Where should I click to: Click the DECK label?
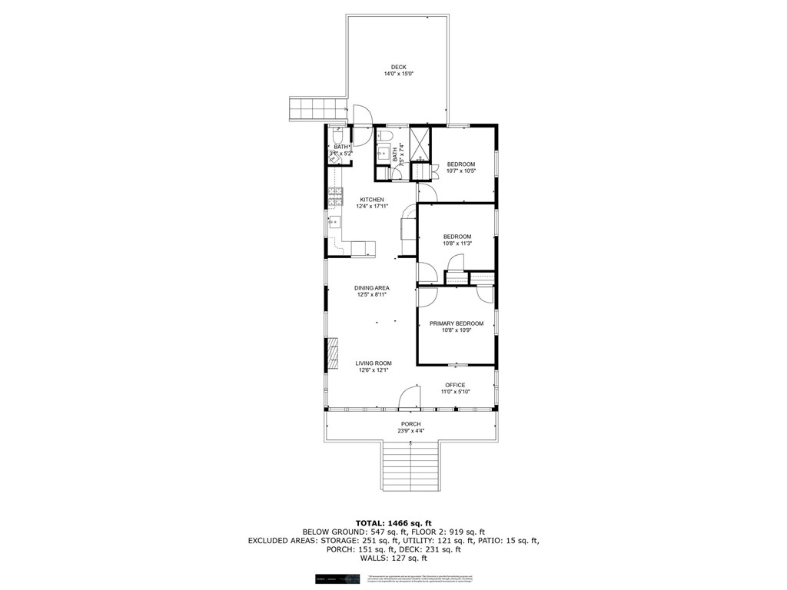click(398, 67)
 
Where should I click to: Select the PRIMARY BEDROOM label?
click(457, 323)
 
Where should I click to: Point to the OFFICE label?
click(455, 385)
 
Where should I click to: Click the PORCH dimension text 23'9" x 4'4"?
click(410, 431)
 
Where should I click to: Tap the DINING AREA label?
click(372, 288)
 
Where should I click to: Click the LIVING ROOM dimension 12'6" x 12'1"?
click(374, 370)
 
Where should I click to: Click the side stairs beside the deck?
click(317, 108)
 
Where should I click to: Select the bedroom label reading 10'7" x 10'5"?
click(461, 171)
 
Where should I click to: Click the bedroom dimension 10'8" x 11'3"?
click(457, 244)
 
